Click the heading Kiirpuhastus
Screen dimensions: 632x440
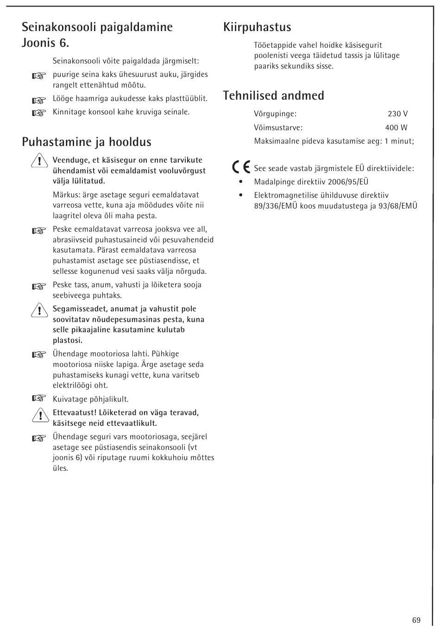pyautogui.click(x=257, y=27)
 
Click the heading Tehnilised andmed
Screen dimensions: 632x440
pyautogui.click(x=273, y=95)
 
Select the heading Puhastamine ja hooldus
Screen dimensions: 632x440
pyautogui.click(x=87, y=142)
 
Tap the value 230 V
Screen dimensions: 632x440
pyautogui.click(x=397, y=114)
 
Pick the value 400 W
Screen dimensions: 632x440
pyautogui.click(x=396, y=128)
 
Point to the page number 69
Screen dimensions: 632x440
pyautogui.click(x=416, y=620)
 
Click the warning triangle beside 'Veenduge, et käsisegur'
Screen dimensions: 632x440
pyautogui.click(x=40, y=161)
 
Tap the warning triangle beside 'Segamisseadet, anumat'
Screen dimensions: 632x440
pyautogui.click(x=40, y=310)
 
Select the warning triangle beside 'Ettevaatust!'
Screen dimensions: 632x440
pyautogui.click(x=40, y=414)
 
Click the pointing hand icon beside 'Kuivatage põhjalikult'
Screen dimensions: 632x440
pyautogui.click(x=40, y=398)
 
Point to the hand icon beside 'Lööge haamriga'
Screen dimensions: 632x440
pyautogui.click(x=40, y=100)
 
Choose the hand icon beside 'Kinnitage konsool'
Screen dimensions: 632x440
pyautogui.click(x=40, y=113)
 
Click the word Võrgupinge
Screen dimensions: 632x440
pyautogui.click(x=275, y=114)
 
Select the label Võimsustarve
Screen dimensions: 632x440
pyautogui.click(x=278, y=128)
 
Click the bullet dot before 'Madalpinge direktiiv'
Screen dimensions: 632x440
pyautogui.click(x=241, y=182)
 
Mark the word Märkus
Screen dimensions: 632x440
pyautogui.click(x=63, y=195)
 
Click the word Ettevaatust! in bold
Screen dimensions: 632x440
pyautogui.click(x=75, y=413)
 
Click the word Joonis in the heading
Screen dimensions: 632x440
pyautogui.click(x=39, y=43)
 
